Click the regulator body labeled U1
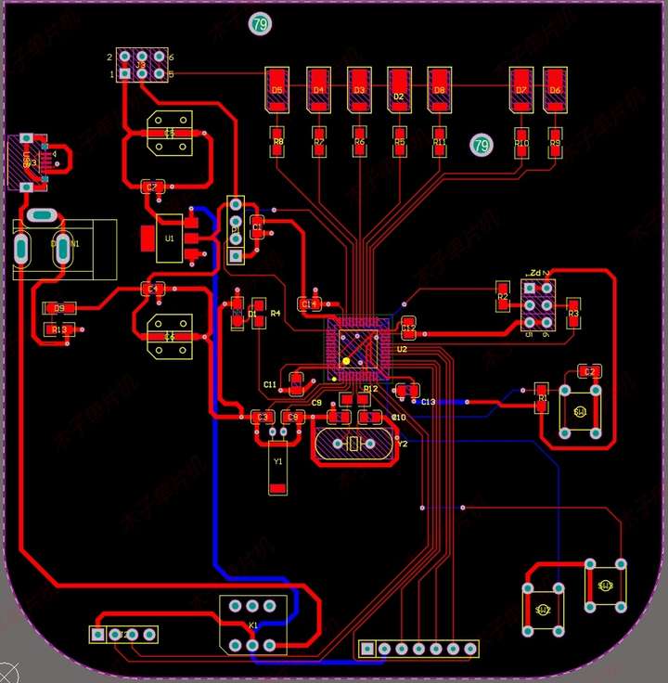pyautogui.click(x=169, y=238)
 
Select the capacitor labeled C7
pyautogui.click(x=152, y=187)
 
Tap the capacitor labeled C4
pyautogui.click(x=154, y=289)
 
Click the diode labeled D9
pyautogui.click(x=59, y=307)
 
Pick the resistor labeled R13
pyautogui.click(x=59, y=329)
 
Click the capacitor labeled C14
pyautogui.click(x=309, y=303)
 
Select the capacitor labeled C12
pyautogui.click(x=409, y=326)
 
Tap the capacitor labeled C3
pyautogui.click(x=263, y=418)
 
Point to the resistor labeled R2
pyautogui.click(x=503, y=297)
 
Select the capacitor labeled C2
pyautogui.click(x=587, y=371)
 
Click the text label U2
pyautogui.click(x=402, y=350)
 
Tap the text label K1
pyautogui.click(x=253, y=625)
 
